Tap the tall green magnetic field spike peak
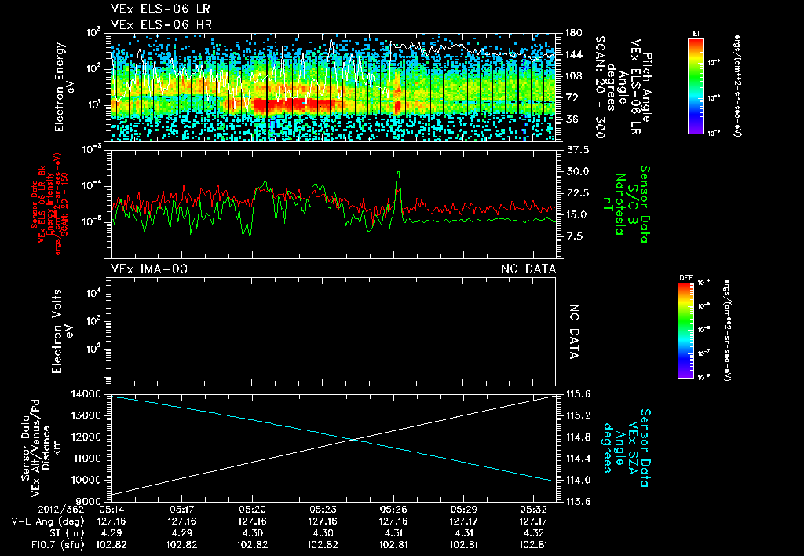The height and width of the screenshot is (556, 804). tap(399, 172)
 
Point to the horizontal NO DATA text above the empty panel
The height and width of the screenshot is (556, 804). tap(528, 269)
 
